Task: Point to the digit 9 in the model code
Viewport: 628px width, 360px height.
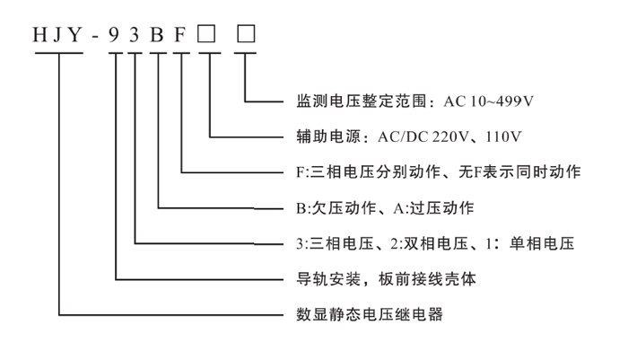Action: [x=116, y=37]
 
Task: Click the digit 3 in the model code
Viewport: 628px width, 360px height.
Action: [x=137, y=37]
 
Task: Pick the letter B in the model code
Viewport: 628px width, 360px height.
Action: [x=160, y=37]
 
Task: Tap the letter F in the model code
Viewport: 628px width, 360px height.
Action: [x=180, y=37]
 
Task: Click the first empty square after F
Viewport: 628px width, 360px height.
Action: [x=209, y=37]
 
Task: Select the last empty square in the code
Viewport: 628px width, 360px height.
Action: [x=246, y=37]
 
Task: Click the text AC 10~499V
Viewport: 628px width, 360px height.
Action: [x=490, y=101]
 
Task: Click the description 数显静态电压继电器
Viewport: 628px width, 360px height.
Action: [x=369, y=315]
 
